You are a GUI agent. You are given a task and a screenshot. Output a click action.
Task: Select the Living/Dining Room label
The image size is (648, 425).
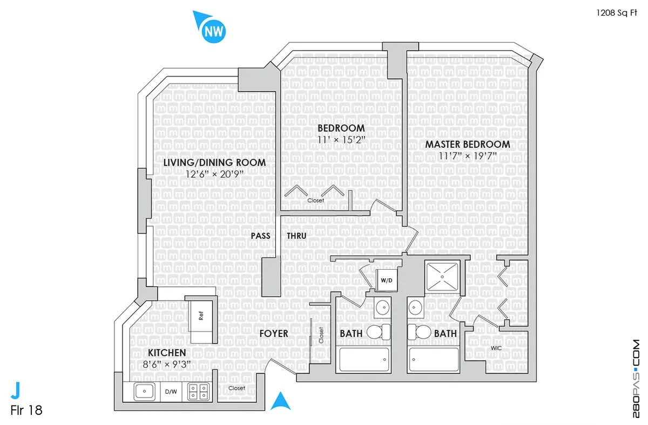coord(214,162)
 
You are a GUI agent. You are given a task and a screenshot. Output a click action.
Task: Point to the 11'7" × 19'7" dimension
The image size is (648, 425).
coord(468,156)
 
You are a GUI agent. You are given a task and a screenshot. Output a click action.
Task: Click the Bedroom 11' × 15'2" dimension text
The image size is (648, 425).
coord(341,140)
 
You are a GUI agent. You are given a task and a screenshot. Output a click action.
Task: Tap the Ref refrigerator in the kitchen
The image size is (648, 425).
coord(201,317)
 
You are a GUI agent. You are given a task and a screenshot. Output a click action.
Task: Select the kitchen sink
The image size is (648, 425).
coord(143,392)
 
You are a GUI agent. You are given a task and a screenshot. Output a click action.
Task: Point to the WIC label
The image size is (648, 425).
coord(496,348)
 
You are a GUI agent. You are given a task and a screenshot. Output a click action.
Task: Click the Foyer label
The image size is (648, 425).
coord(273,334)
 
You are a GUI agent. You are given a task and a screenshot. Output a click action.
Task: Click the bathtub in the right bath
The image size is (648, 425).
coord(434,359)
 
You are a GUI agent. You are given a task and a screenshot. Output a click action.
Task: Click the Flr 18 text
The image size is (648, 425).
coord(26,410)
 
